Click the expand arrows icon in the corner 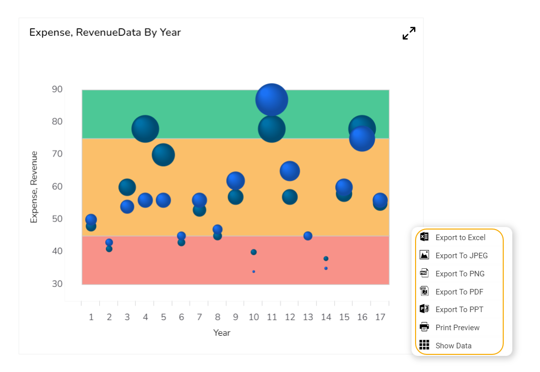tap(409, 33)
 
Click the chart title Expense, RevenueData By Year tap(105, 33)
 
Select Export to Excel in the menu tap(460, 238)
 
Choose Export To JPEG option tap(461, 256)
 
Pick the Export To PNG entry tap(460, 274)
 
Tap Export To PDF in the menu tap(459, 292)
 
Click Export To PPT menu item tap(459, 310)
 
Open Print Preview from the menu tap(457, 328)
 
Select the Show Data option tap(453, 346)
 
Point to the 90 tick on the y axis tap(57, 90)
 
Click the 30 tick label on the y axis tap(57, 284)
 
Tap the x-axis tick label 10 tap(253, 317)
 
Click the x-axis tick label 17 tap(380, 317)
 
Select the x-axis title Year tap(222, 333)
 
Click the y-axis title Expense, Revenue tap(34, 187)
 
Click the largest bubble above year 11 tap(272, 100)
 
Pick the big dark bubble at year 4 tap(145, 129)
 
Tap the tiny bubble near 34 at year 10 tap(253, 272)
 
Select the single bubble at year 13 tap(308, 236)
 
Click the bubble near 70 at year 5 tap(163, 155)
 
